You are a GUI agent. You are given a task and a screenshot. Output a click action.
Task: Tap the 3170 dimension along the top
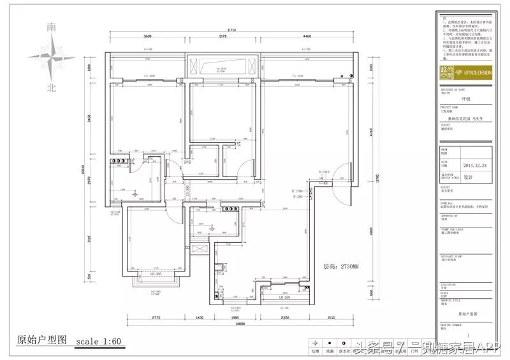pos(222,38)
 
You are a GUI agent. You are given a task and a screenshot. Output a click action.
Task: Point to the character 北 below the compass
pos(52,88)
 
